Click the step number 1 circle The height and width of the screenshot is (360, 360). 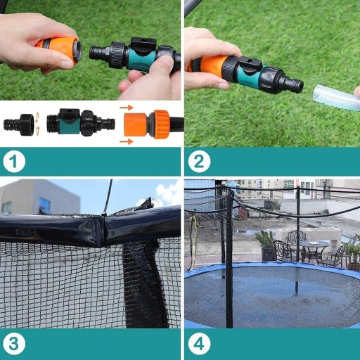pos(14,162)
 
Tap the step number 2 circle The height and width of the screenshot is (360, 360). pos(199,162)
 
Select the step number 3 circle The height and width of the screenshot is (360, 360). pos(14,344)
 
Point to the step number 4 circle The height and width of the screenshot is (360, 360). pos(199,344)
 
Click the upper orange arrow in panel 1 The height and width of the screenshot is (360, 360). pos(127,108)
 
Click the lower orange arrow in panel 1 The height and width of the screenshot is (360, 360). pos(127,141)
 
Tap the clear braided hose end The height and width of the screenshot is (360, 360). pos(335,97)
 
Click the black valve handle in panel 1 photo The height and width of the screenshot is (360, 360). pos(143,44)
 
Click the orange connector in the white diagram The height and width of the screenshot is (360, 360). pos(147,124)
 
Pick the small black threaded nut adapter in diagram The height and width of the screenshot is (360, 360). pos(19,124)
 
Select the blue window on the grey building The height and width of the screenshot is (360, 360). pos(44,204)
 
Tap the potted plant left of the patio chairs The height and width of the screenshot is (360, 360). pos(265,245)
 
